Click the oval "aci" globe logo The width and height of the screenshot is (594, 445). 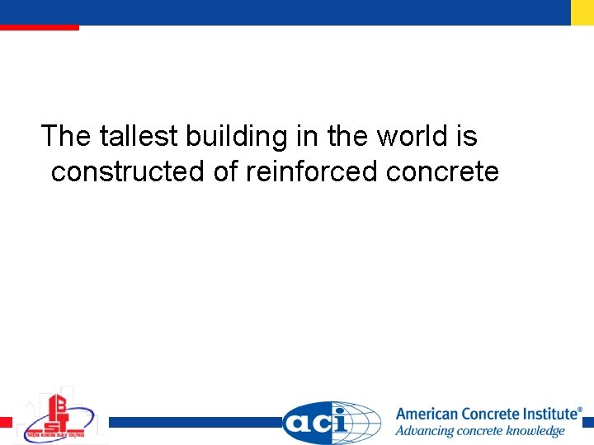[x=332, y=423]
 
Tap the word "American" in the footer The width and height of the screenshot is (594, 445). [x=427, y=415]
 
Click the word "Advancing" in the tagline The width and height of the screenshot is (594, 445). [x=425, y=431]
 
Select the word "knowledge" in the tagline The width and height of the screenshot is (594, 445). [x=535, y=431]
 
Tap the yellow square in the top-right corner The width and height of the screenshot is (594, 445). [x=582, y=12]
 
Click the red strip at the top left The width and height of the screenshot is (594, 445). [x=39, y=27]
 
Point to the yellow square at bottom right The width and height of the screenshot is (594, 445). [x=587, y=421]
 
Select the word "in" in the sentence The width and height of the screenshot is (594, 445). [x=309, y=136]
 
